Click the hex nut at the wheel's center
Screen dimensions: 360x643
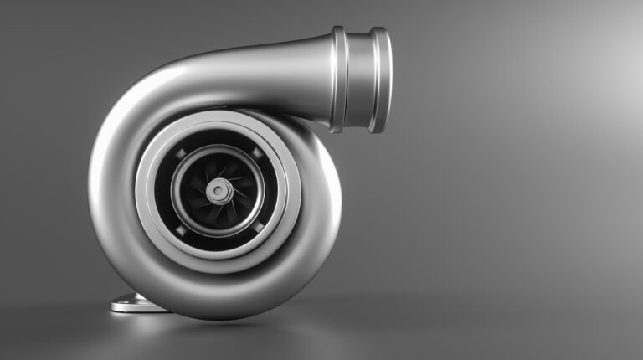point(219,191)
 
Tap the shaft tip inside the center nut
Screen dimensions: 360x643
point(219,191)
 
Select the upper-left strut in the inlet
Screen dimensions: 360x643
point(179,152)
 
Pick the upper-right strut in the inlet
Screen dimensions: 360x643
point(257,152)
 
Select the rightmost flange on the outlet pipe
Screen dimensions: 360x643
point(379,80)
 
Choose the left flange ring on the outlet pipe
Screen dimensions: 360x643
point(337,80)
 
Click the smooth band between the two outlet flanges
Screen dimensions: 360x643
point(358,80)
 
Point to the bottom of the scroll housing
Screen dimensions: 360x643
point(218,311)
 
